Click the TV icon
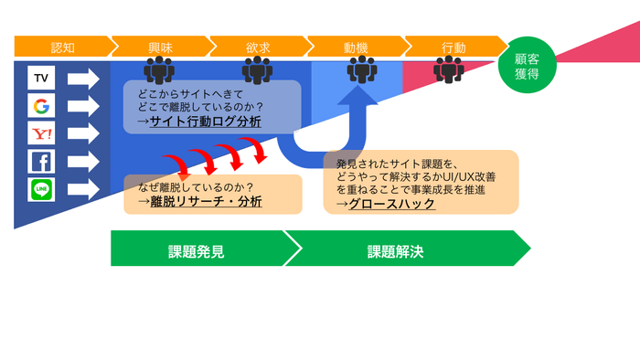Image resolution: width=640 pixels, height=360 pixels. pos(41,79)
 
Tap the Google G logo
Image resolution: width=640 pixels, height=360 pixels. pos(41,107)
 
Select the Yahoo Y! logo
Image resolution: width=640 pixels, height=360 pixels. pos(41,134)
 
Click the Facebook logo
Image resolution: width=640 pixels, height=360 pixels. pos(41,162)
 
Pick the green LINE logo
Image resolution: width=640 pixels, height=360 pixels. pos(41,189)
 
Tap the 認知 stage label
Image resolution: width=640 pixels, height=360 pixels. pos(62,47)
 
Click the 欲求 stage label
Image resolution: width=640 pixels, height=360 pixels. pos(258,47)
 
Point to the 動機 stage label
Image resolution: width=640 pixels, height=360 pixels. pos(356,47)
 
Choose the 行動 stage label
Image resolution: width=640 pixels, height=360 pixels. pos(453,47)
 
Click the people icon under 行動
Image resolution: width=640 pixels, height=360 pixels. pos(449,69)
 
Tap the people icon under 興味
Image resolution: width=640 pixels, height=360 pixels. pos(159,69)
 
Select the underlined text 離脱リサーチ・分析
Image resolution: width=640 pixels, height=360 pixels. pos(206,200)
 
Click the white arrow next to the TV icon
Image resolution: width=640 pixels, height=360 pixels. pos(83,79)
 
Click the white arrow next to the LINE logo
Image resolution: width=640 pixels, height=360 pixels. pos(83,189)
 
